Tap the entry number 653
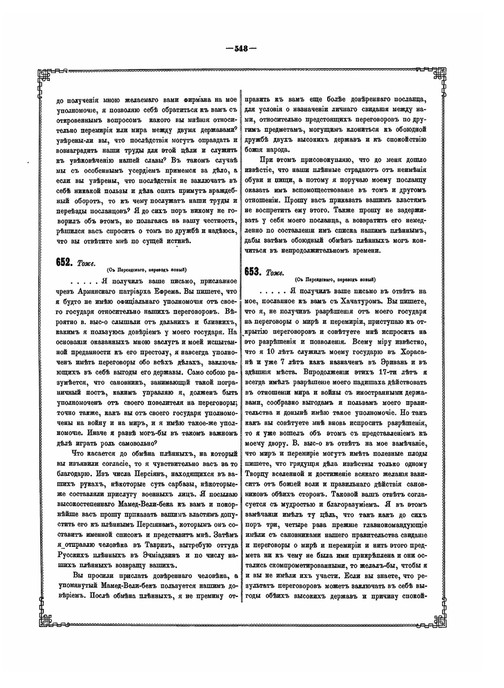253,272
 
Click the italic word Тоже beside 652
84,263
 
